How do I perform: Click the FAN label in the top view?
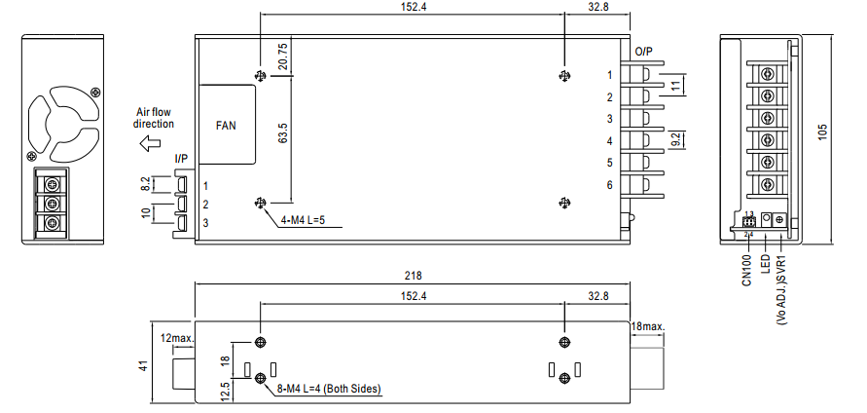226,125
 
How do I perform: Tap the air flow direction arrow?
149,144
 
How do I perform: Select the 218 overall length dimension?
413,275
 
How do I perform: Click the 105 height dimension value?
823,132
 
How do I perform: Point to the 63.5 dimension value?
282,137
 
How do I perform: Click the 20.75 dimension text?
282,57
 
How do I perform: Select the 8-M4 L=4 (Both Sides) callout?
329,389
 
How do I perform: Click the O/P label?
643,52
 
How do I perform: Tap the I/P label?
181,159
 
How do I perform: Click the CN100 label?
747,271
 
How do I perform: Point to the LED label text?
766,264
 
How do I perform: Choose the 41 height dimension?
144,366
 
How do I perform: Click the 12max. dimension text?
177,338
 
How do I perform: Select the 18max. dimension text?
647,326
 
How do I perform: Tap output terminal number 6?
610,185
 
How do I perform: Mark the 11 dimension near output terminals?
673,85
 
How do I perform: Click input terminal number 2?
205,205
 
